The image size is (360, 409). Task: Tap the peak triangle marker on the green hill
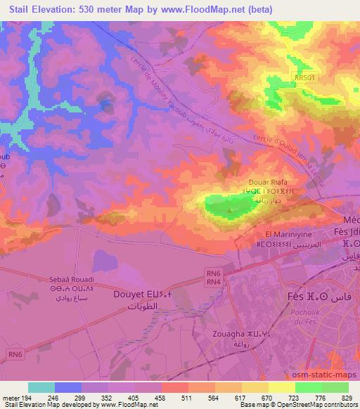point(230,209)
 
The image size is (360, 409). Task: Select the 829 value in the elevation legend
point(347,398)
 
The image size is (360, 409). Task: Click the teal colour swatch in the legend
point(41,387)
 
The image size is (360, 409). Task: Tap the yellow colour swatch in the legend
point(283,387)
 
